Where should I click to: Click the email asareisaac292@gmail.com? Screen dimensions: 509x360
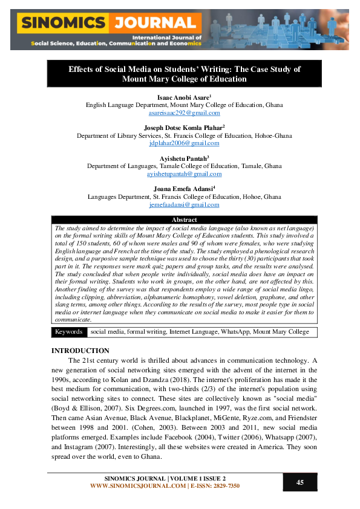pyautogui.click(x=185, y=112)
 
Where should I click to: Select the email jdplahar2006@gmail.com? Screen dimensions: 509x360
pyautogui.click(x=185, y=143)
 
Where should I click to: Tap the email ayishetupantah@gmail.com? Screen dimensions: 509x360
pyautogui.click(x=185, y=174)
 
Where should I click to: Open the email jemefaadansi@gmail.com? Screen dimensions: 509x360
pyautogui.click(x=185, y=205)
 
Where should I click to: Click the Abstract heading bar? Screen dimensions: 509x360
pyautogui.click(x=185, y=220)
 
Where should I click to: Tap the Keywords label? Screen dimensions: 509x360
pyautogui.click(x=68, y=332)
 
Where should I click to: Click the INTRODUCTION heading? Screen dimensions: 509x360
pyautogui.click(x=80, y=351)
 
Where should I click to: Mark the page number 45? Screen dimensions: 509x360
pyautogui.click(x=300, y=482)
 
